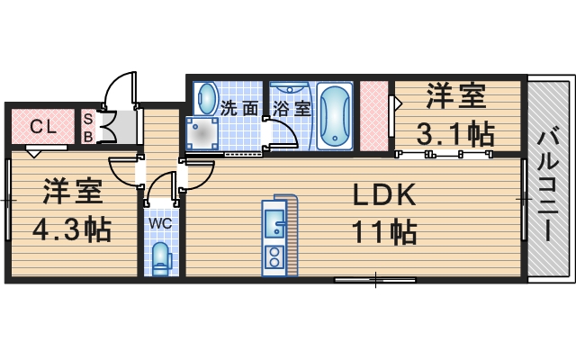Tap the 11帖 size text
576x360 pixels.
click(x=383, y=233)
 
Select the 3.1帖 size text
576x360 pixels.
click(x=455, y=133)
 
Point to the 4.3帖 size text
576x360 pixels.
click(x=71, y=229)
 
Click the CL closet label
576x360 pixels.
click(x=42, y=126)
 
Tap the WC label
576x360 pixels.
click(x=161, y=222)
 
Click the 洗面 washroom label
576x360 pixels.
click(x=240, y=108)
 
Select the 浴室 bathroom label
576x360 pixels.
click(x=292, y=108)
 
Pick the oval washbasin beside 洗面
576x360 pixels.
click(x=206, y=98)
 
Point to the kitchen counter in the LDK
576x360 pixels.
click(x=274, y=236)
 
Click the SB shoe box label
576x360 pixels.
click(x=88, y=126)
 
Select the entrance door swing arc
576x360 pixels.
click(x=117, y=90)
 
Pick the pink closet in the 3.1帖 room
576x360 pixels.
click(x=373, y=117)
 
